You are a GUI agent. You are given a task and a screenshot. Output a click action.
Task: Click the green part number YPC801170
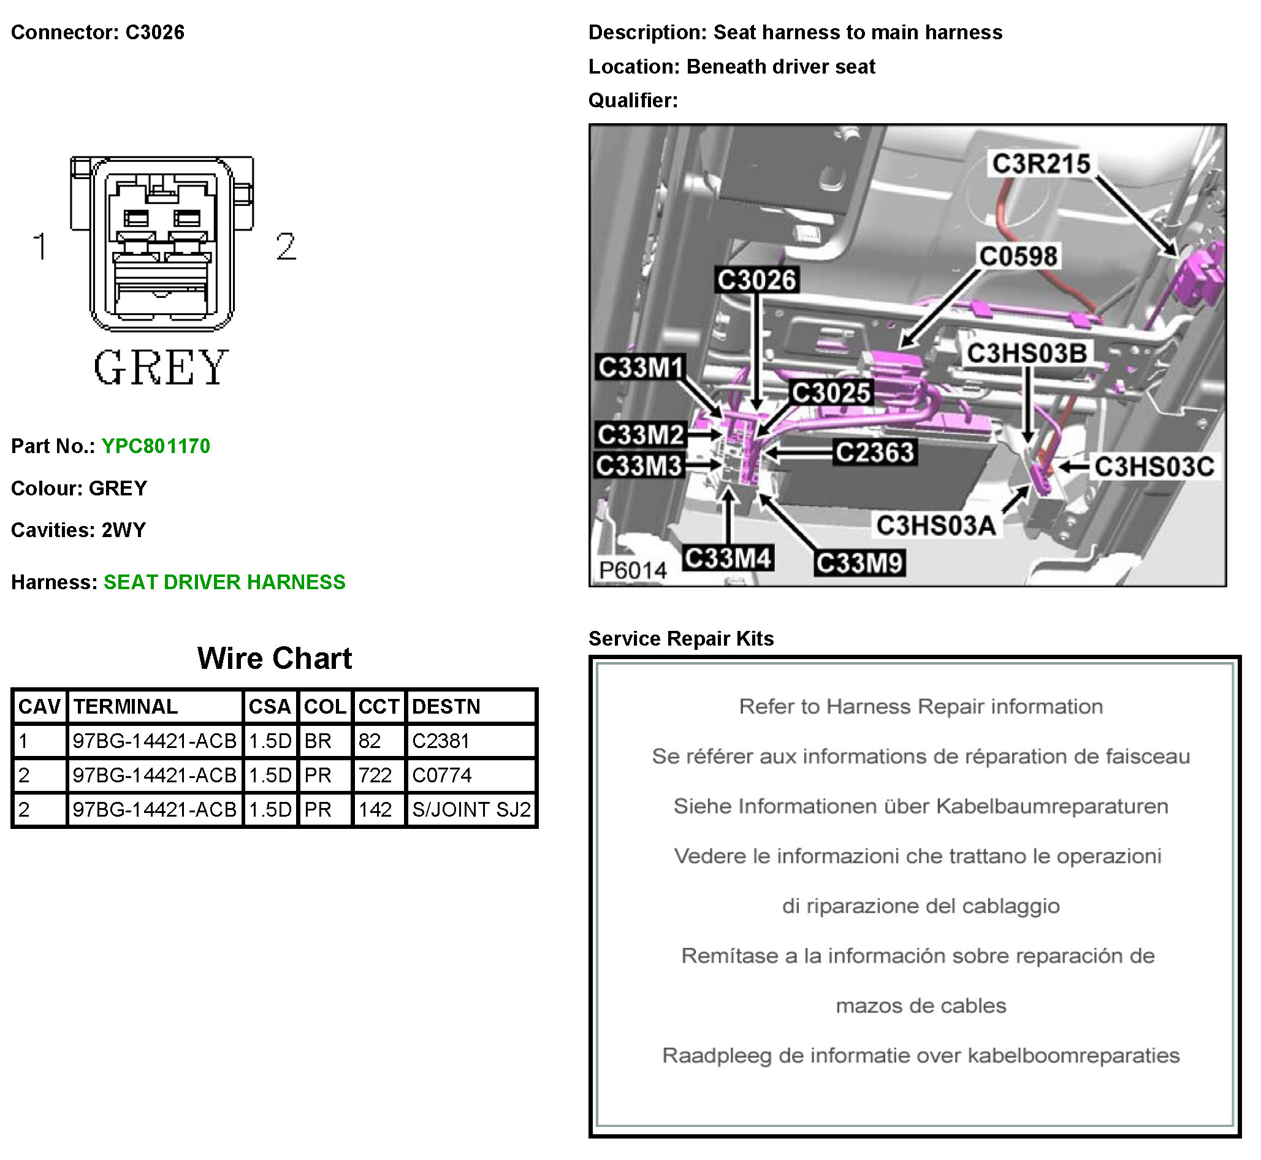(156, 446)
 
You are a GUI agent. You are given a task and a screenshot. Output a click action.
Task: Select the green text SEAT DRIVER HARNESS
(224, 582)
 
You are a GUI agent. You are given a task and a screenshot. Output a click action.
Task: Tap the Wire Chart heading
(274, 658)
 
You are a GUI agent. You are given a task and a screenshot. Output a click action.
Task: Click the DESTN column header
(446, 707)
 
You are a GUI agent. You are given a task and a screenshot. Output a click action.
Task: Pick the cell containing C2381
(441, 741)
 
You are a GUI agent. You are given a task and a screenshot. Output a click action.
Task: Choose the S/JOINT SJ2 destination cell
(471, 810)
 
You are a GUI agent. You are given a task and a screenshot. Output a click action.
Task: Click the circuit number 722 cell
(375, 776)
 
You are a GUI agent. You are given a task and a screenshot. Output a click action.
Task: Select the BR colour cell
(318, 741)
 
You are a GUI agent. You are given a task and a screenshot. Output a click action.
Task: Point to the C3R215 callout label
(1042, 164)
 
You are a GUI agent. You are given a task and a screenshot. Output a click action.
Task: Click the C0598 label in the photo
(1018, 256)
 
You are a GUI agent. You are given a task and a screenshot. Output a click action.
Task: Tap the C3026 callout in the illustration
(756, 280)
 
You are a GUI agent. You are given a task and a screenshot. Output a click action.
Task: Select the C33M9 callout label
(859, 563)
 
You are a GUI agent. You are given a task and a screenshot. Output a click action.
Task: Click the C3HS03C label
(1154, 467)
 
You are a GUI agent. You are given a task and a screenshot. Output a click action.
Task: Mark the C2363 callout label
(874, 452)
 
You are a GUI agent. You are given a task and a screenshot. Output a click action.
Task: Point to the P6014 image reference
(632, 570)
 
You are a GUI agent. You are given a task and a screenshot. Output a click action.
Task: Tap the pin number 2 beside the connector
(286, 246)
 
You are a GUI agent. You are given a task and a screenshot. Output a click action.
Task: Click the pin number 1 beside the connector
(40, 246)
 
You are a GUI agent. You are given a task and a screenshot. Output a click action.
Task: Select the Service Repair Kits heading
(681, 639)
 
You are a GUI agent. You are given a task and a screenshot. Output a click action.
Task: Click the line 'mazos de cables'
(920, 1006)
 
